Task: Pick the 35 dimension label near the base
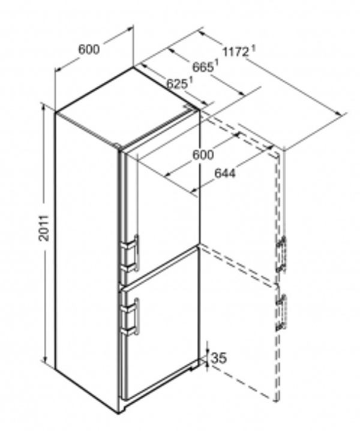[x=219, y=358]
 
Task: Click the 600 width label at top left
[x=89, y=49]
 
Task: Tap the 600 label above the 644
[x=203, y=155]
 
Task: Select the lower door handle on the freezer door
[x=133, y=315]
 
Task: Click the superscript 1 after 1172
[x=253, y=47]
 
